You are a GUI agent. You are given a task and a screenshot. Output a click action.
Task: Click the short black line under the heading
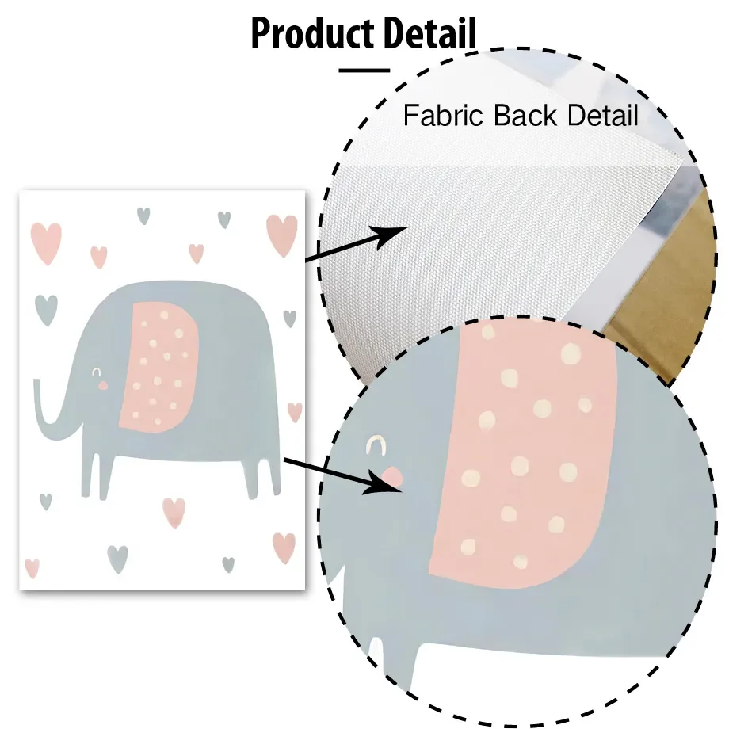pyautogui.click(x=364, y=70)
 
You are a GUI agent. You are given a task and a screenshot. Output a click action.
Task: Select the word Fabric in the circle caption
pyautogui.click(x=444, y=116)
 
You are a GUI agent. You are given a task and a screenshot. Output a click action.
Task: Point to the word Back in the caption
pyautogui.click(x=529, y=116)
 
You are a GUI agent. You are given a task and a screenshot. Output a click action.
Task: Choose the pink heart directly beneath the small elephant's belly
pyautogui.click(x=174, y=511)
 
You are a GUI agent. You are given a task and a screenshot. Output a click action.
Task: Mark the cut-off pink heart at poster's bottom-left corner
pyautogui.click(x=32, y=567)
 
